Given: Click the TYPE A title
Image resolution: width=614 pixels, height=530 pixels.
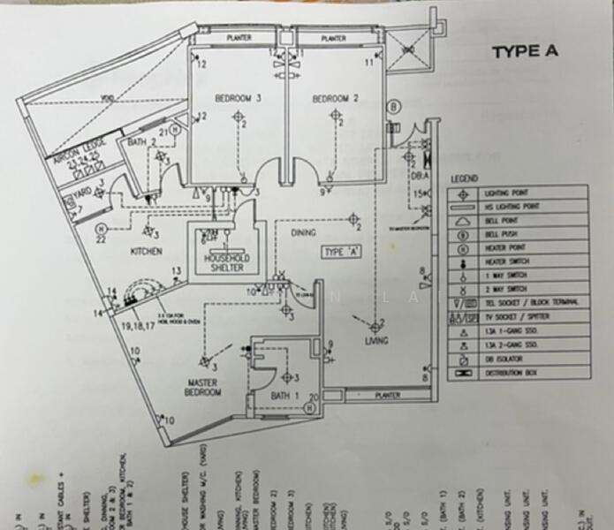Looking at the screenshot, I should point(525,51).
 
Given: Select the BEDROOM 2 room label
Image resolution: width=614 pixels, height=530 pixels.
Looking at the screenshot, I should point(335,99).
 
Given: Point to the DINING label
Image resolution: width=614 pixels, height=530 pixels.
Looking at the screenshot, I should point(303,233).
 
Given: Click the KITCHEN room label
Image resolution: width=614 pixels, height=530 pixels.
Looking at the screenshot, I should point(147,252).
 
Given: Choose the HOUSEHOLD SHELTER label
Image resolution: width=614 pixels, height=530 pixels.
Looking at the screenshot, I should point(227,263).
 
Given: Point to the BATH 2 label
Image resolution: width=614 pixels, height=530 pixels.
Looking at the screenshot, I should point(142,141).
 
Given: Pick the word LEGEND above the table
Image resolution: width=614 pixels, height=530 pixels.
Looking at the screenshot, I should point(464,178).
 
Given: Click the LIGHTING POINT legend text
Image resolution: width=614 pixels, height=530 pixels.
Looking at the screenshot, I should point(507,193).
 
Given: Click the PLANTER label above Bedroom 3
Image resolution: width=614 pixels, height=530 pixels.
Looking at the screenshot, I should point(239,38).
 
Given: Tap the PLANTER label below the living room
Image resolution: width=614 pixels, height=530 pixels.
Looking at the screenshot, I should point(386,395).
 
